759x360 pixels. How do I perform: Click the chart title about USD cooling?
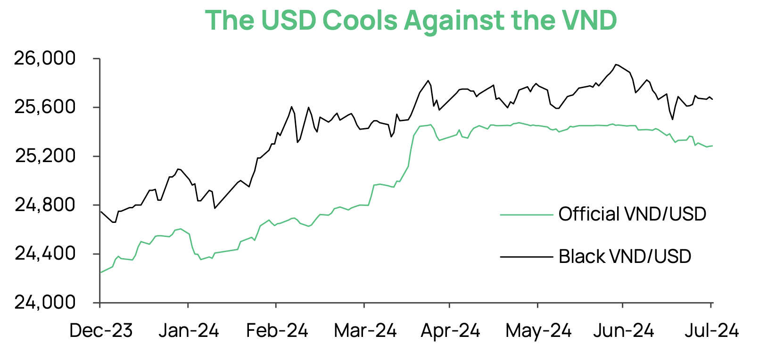click(411, 20)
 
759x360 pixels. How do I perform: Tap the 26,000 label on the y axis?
click(45, 58)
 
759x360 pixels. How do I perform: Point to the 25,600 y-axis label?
click(45, 107)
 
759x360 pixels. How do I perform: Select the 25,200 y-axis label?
click(45, 156)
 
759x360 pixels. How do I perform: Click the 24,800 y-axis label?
click(45, 205)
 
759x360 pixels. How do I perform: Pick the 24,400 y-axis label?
click(45, 254)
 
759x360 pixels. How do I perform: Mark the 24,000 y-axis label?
click(45, 303)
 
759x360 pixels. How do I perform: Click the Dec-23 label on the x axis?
click(101, 331)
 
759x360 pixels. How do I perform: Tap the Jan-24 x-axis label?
click(189, 331)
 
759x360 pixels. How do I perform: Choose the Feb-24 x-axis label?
click(277, 331)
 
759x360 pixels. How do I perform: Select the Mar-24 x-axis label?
click(365, 331)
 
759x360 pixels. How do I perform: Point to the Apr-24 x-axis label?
click(450, 331)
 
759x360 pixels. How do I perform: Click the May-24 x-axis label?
click(538, 331)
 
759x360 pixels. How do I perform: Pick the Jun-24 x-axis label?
click(623, 331)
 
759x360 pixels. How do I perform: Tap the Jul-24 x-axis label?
click(711, 331)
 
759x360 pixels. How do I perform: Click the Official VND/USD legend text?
click(632, 214)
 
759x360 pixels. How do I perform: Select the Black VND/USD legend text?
click(625, 257)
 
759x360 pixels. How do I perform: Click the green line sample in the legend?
click(526, 215)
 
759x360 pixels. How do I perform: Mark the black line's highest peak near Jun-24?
click(616, 65)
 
